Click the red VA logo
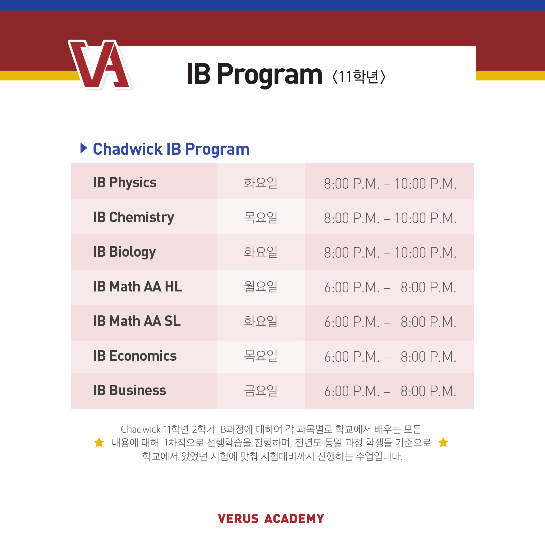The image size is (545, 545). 99,64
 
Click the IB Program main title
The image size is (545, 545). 254,75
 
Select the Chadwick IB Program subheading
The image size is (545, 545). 171,149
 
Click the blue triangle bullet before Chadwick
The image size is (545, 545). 84,148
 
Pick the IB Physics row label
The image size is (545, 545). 125,183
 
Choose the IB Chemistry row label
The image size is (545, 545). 134,218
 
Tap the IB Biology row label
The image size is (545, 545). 124,252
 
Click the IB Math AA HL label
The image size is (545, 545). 138,286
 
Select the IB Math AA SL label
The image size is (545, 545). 137,321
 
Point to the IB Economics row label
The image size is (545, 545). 135,356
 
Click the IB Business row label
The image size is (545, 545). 130,390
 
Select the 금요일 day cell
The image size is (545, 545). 261,391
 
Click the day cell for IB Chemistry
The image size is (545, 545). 261,217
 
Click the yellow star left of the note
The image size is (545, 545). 99,442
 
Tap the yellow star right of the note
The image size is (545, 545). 443,442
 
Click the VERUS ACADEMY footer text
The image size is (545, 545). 271,519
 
